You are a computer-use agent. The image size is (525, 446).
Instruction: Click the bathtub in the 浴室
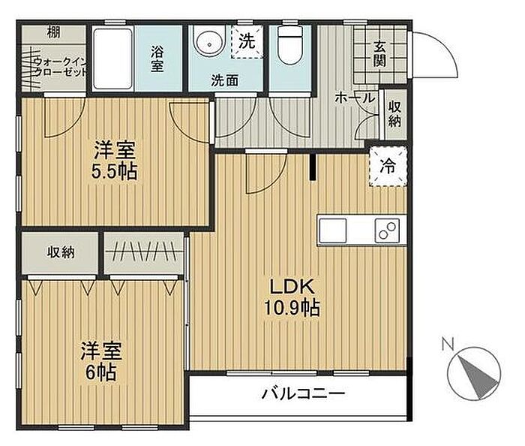pyautogui.click(x=112, y=59)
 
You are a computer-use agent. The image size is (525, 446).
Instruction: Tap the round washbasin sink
pyautogui.click(x=209, y=44)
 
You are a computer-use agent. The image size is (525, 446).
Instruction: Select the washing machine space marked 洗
pyautogui.click(x=247, y=41)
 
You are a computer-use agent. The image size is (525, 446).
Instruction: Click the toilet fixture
pyautogui.click(x=290, y=45)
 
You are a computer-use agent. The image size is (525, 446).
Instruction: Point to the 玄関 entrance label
pyautogui.click(x=379, y=54)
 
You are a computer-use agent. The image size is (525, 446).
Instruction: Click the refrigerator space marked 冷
pyautogui.click(x=388, y=166)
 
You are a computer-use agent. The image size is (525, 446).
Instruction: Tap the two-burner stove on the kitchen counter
pyautogui.click(x=388, y=231)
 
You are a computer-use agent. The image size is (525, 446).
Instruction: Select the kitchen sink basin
pyautogui.click(x=332, y=231)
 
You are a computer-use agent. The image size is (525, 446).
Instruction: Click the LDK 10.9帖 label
pyautogui.click(x=292, y=297)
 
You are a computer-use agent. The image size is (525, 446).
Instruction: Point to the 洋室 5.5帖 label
pyautogui.click(x=115, y=161)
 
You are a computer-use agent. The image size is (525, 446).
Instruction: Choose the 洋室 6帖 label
pyautogui.click(x=100, y=360)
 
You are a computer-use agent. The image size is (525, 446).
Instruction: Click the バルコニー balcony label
pyautogui.click(x=303, y=393)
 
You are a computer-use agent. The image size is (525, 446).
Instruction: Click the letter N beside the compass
pyautogui.click(x=448, y=345)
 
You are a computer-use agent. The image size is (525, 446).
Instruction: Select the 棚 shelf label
pyautogui.click(x=53, y=33)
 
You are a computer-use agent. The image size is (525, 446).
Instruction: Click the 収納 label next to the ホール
pyautogui.click(x=394, y=114)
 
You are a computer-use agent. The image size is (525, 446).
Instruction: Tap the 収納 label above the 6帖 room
pyautogui.click(x=61, y=252)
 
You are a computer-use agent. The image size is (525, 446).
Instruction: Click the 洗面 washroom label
pyautogui.click(x=224, y=80)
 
